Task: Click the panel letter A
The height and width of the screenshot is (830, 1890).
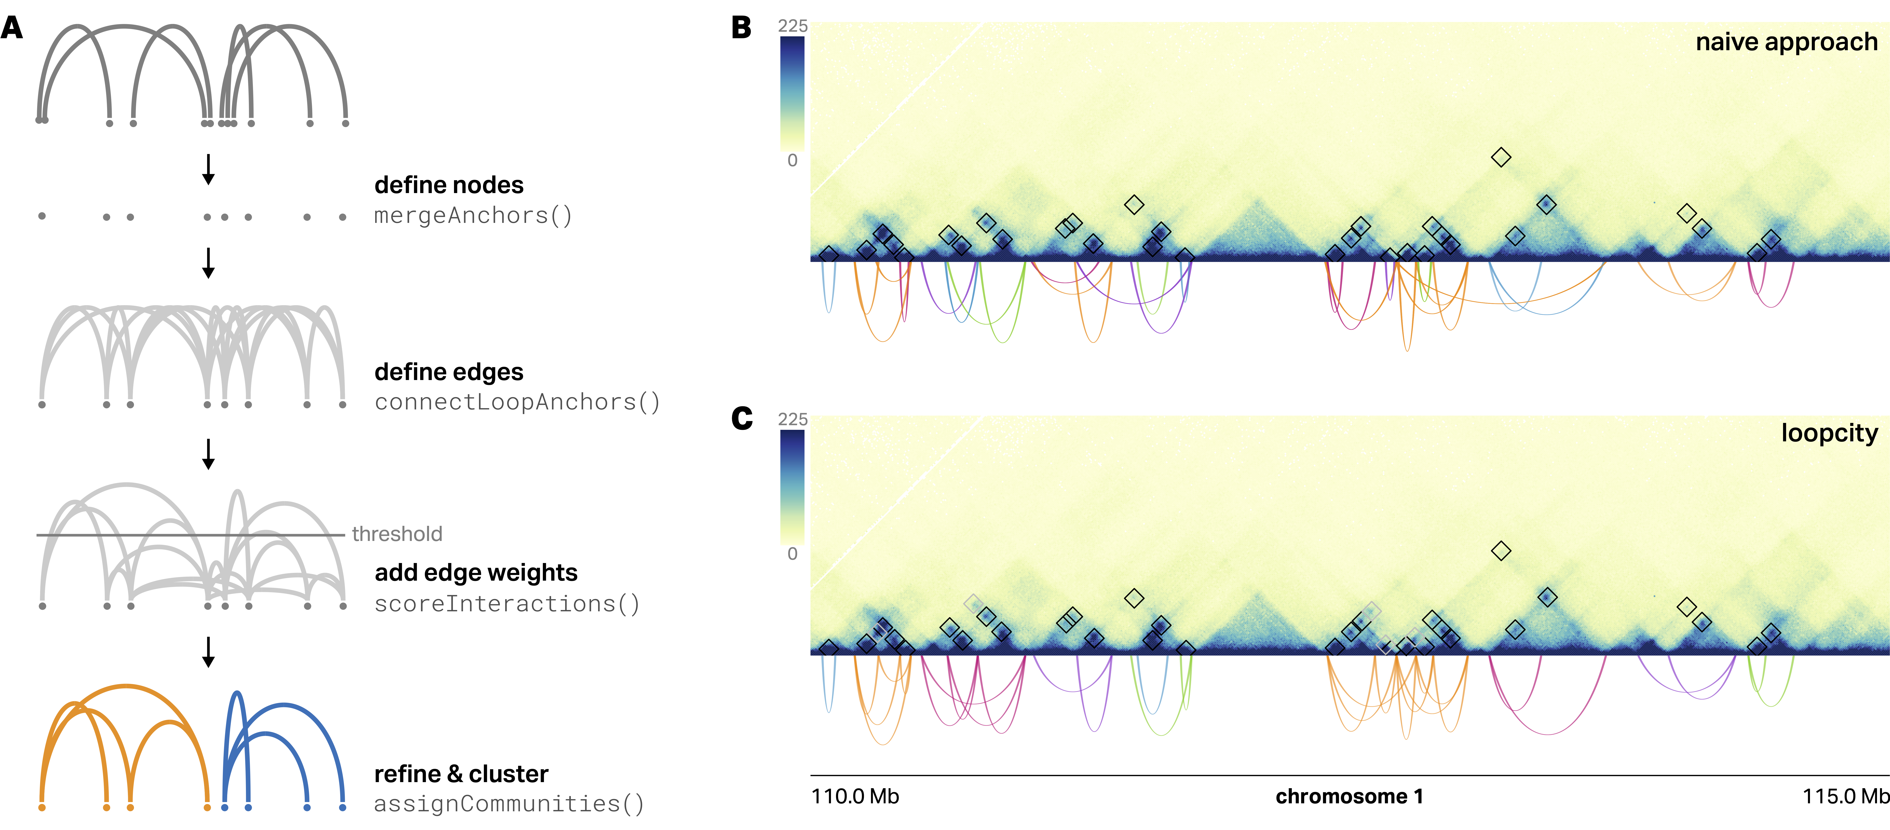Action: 12,28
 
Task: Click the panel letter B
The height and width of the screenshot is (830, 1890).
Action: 741,28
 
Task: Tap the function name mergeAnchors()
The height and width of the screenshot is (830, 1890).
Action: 472,216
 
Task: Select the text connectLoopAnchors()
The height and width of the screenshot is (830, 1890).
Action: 517,402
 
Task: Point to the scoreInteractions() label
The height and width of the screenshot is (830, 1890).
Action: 506,604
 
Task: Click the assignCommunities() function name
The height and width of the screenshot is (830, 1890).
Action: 508,804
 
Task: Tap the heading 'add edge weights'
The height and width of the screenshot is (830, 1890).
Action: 475,572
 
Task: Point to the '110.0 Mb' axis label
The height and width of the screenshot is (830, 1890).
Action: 855,796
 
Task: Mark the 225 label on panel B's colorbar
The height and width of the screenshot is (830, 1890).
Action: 792,26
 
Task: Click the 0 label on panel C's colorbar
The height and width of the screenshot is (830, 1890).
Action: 792,553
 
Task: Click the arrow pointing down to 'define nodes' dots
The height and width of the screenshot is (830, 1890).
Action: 208,169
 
